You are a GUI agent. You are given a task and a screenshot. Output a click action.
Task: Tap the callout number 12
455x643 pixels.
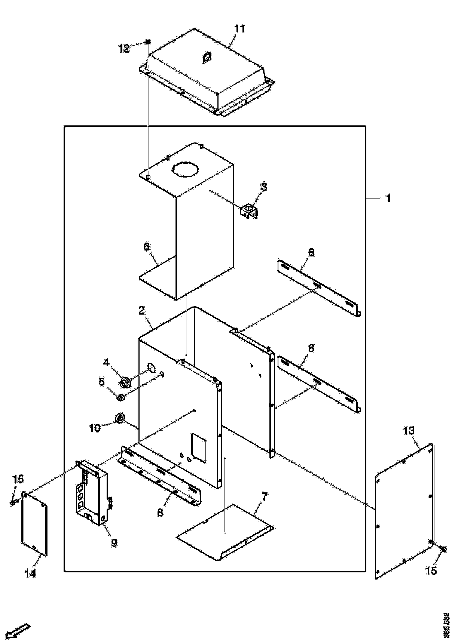(124, 48)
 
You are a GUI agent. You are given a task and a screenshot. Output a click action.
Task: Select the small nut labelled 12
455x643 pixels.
(148, 42)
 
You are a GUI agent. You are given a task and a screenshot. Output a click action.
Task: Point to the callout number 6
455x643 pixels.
(147, 247)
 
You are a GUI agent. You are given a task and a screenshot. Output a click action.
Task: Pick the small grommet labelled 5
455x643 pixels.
(122, 398)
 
